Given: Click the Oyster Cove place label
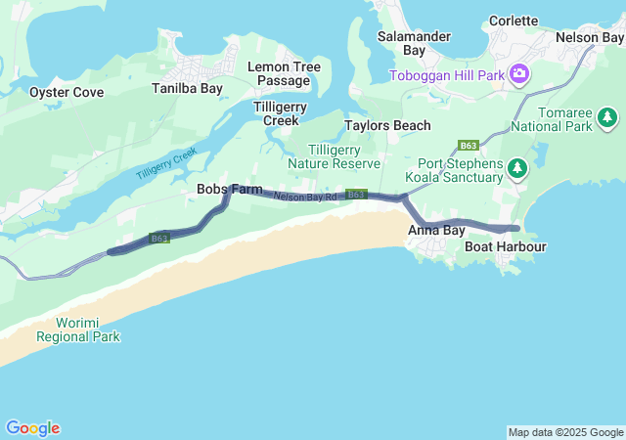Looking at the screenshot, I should click(66, 92).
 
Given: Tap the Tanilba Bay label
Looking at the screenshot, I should click(187, 88).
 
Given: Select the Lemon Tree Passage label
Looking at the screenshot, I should click(284, 73).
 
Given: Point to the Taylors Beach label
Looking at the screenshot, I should click(387, 126).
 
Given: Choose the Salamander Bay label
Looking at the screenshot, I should click(414, 42).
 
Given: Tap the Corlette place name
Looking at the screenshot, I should click(513, 21).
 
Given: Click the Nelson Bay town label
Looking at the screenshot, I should click(589, 37).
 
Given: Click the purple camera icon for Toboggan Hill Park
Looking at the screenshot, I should click(518, 73).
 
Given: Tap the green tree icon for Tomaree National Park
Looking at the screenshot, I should click(608, 118).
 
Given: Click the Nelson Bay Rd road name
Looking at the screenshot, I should click(305, 197).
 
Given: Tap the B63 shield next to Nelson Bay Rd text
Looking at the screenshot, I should click(356, 195).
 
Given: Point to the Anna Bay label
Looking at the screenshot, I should click(436, 231).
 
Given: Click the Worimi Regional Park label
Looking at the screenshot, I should click(78, 330).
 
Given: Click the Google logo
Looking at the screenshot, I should click(32, 428).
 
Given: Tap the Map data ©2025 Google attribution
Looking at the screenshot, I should click(565, 432).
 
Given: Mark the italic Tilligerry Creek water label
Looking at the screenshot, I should click(166, 163).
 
